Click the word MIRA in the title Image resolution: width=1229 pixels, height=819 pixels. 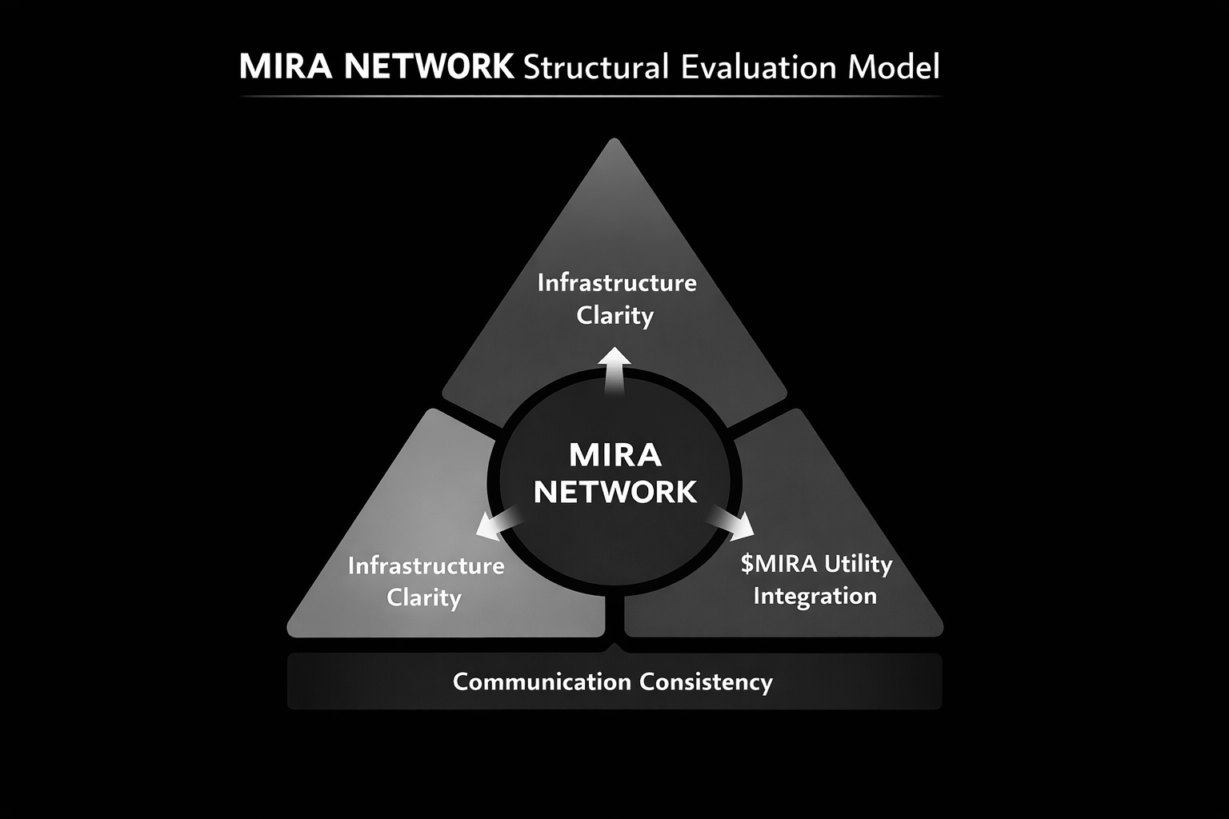click(x=285, y=67)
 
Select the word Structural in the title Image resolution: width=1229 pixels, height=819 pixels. click(x=594, y=67)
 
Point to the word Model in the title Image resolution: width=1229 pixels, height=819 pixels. click(x=893, y=67)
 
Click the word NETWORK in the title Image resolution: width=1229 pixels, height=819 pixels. click(x=429, y=67)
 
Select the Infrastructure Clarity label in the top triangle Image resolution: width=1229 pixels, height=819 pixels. click(x=616, y=298)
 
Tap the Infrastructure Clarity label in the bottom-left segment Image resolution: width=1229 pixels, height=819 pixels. click(x=426, y=581)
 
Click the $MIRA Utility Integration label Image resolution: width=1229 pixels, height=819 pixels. click(x=815, y=579)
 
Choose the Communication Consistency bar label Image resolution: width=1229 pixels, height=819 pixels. click(x=613, y=681)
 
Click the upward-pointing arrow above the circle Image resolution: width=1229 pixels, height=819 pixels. click(x=615, y=370)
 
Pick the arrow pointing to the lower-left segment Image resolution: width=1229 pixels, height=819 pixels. click(x=496, y=523)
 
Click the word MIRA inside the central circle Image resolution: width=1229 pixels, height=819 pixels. click(x=615, y=455)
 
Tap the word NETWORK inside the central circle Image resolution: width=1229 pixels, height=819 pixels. click(x=615, y=491)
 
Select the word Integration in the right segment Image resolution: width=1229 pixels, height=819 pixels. click(x=815, y=596)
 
